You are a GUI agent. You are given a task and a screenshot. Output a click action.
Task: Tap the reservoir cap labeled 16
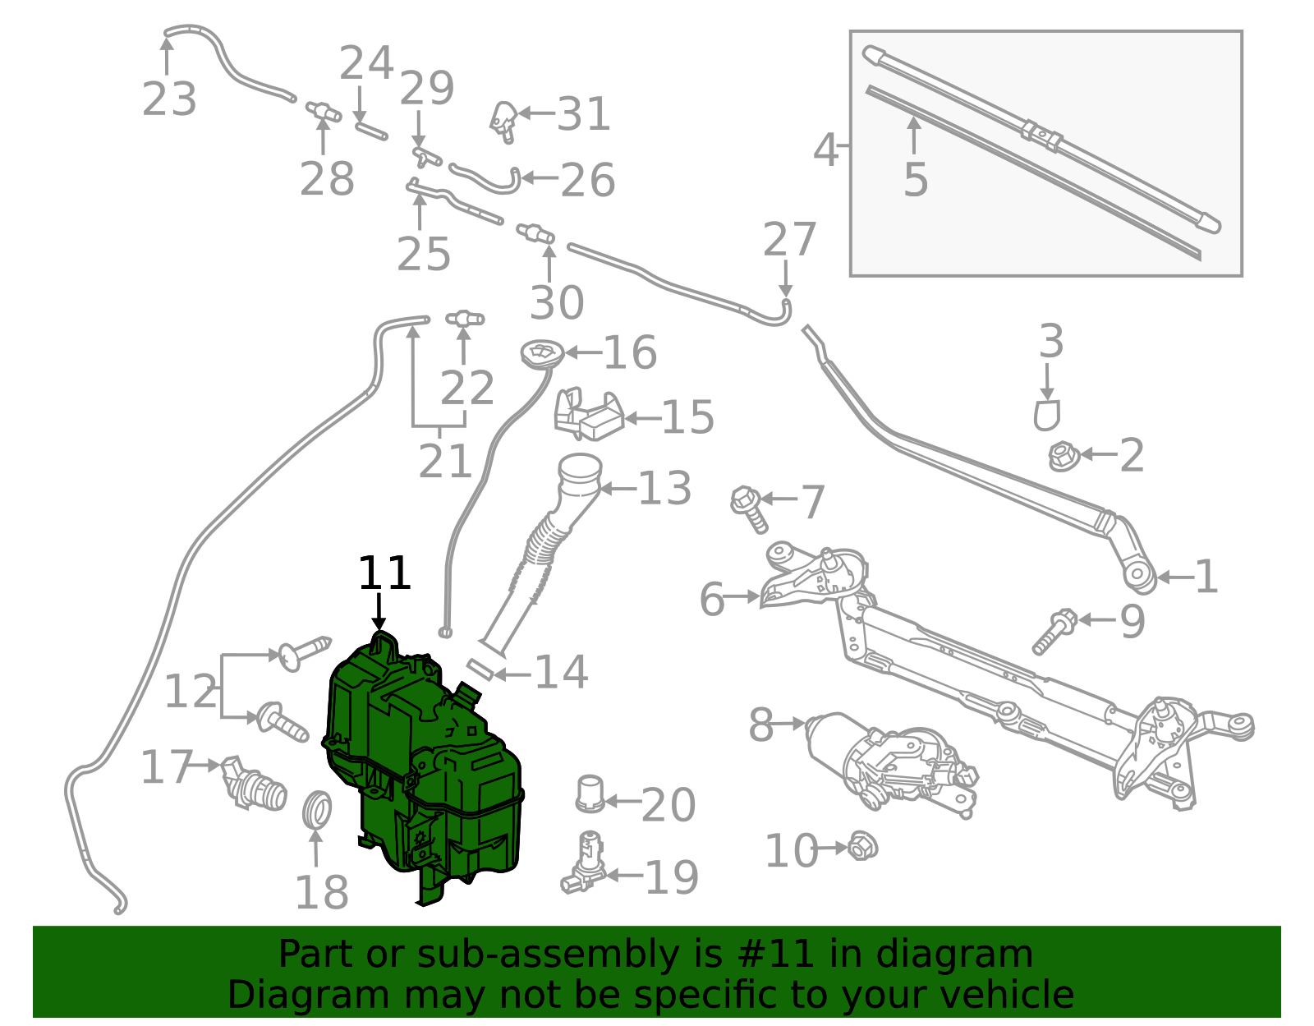pyautogui.click(x=542, y=355)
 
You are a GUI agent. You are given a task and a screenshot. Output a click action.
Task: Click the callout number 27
pyautogui.click(x=788, y=240)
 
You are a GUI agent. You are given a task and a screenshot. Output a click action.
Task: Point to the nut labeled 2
pyautogui.click(x=1064, y=456)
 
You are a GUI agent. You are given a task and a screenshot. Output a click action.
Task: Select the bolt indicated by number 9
pyautogui.click(x=1054, y=631)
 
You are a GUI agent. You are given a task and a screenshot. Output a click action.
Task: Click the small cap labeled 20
pyautogui.click(x=590, y=794)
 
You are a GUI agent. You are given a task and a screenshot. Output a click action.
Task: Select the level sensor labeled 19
pyautogui.click(x=584, y=864)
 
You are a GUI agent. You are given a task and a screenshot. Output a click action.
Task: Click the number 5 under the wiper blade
pyautogui.click(x=915, y=180)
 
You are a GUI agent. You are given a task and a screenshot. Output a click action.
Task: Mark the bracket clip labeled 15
pyautogui.click(x=588, y=415)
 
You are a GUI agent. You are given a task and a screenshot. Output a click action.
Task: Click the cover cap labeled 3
pyautogui.click(x=1047, y=415)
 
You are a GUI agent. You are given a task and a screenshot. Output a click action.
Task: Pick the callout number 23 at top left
pyautogui.click(x=169, y=99)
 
